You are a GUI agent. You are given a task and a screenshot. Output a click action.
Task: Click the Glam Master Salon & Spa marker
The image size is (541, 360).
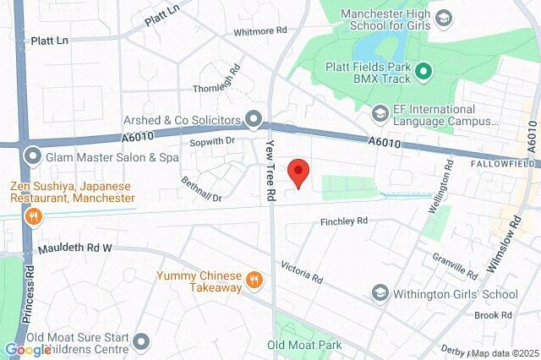point(33,156)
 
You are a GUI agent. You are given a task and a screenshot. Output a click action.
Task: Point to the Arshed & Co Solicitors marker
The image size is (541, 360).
point(252,117)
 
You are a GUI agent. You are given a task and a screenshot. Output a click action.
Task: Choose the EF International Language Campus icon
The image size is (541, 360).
point(381,112)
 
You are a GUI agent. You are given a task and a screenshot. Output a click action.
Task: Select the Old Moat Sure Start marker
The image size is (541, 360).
point(140,341)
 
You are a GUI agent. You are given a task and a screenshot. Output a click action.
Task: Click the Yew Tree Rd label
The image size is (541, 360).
point(271,170)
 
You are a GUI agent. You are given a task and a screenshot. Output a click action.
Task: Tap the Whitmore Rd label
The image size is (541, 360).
point(261,30)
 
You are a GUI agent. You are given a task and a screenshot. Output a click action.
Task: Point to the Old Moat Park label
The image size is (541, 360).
point(304,345)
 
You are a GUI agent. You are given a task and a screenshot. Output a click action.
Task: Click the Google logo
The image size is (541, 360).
point(27,350)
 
